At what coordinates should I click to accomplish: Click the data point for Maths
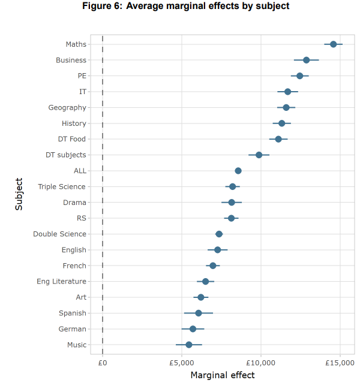[x=333, y=44]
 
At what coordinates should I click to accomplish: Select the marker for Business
[x=307, y=60]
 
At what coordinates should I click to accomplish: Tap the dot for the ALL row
[x=238, y=171]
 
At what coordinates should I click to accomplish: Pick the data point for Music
[x=189, y=345]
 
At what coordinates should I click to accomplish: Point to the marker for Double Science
[x=219, y=234]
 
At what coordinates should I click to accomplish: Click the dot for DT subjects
[x=259, y=155]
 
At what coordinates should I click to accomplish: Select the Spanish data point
[x=199, y=313]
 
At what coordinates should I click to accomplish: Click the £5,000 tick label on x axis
[x=182, y=363]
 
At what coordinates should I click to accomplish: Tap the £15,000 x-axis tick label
[x=340, y=363]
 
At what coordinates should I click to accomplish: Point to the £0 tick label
[x=103, y=363]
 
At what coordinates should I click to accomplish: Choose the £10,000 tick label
[x=261, y=363]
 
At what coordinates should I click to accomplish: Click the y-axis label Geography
[x=67, y=107]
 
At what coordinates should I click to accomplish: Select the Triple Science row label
[x=62, y=186]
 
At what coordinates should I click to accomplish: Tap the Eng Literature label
[x=61, y=281]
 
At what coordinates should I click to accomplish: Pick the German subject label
[x=73, y=329]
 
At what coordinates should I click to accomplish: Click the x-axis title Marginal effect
[x=222, y=376]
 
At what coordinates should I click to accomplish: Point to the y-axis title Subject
[x=20, y=194]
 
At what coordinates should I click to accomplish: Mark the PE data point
[x=300, y=76]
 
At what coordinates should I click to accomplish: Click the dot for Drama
[x=232, y=203]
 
